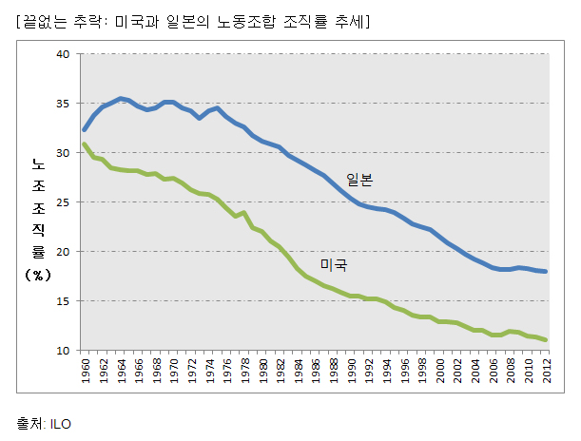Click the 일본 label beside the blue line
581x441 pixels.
coord(359,180)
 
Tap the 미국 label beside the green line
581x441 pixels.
coord(333,264)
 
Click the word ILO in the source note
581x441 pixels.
coord(59,424)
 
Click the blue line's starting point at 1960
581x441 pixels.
coord(85,129)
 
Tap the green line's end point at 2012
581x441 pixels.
coord(545,339)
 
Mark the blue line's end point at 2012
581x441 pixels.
coord(545,272)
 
